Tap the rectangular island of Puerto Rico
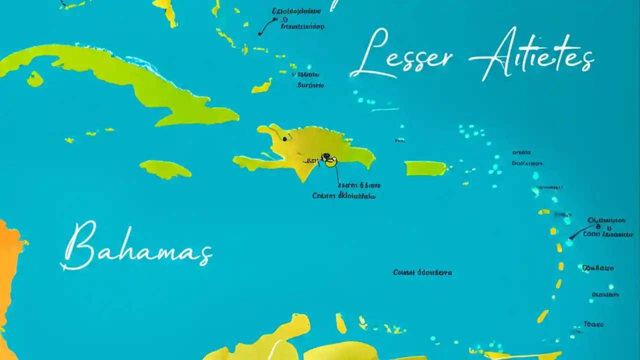(425, 168)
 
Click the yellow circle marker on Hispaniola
(330, 160)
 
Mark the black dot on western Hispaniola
(284, 138)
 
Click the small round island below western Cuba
(34, 79)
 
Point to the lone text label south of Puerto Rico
(422, 272)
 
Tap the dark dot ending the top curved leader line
(259, 33)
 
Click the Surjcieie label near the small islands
(310, 85)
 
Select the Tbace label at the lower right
(593, 324)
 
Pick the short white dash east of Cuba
(385, 109)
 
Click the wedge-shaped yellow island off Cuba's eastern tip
(262, 86)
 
